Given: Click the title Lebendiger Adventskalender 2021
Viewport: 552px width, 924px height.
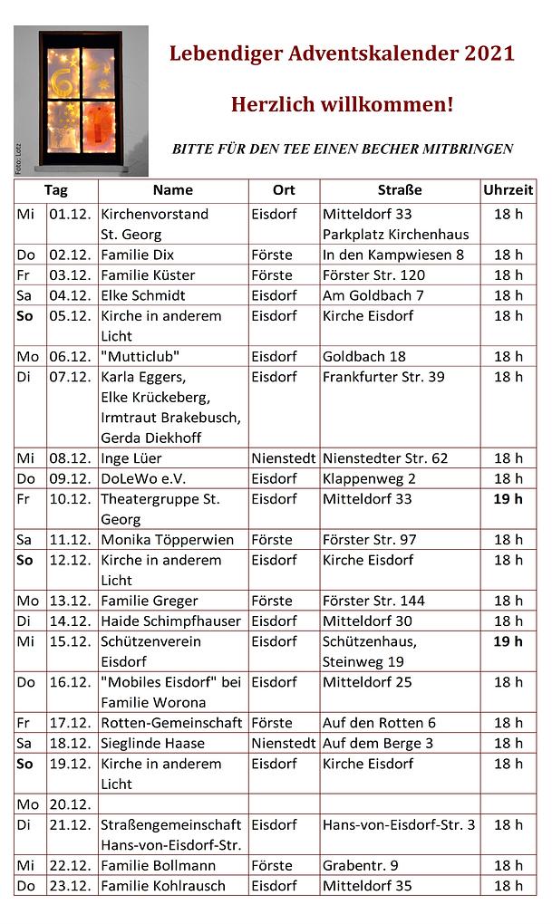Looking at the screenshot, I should coord(342,54).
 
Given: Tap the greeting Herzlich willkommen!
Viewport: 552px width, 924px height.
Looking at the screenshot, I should coord(342,104).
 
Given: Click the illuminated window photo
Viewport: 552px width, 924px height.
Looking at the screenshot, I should coord(81,100).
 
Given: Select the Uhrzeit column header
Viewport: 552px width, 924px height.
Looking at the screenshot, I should coord(508,190).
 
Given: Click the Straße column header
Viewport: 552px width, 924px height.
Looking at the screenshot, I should coord(400,190).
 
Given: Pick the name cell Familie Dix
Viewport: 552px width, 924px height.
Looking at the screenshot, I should coord(137,255).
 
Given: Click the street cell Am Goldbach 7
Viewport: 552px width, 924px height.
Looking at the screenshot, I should coord(373,295).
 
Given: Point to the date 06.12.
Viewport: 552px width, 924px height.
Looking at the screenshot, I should coord(71,356).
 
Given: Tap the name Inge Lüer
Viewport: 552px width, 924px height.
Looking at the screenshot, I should coord(131,458).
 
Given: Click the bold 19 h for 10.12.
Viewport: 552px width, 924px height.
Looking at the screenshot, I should coord(508,499).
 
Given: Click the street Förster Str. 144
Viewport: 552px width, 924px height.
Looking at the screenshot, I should coord(373,601).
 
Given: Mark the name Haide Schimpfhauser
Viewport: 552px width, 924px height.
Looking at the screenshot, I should coord(171,621).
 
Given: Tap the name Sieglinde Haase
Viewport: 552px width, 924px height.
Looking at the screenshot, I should coord(152,744).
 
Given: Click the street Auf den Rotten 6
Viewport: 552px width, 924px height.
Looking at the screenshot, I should coord(379,723).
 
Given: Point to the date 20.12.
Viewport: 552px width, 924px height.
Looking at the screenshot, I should coord(71,804).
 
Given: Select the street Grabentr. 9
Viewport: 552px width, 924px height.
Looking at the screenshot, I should coord(360,866).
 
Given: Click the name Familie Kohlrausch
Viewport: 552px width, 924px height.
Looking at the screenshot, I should coord(162,886).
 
